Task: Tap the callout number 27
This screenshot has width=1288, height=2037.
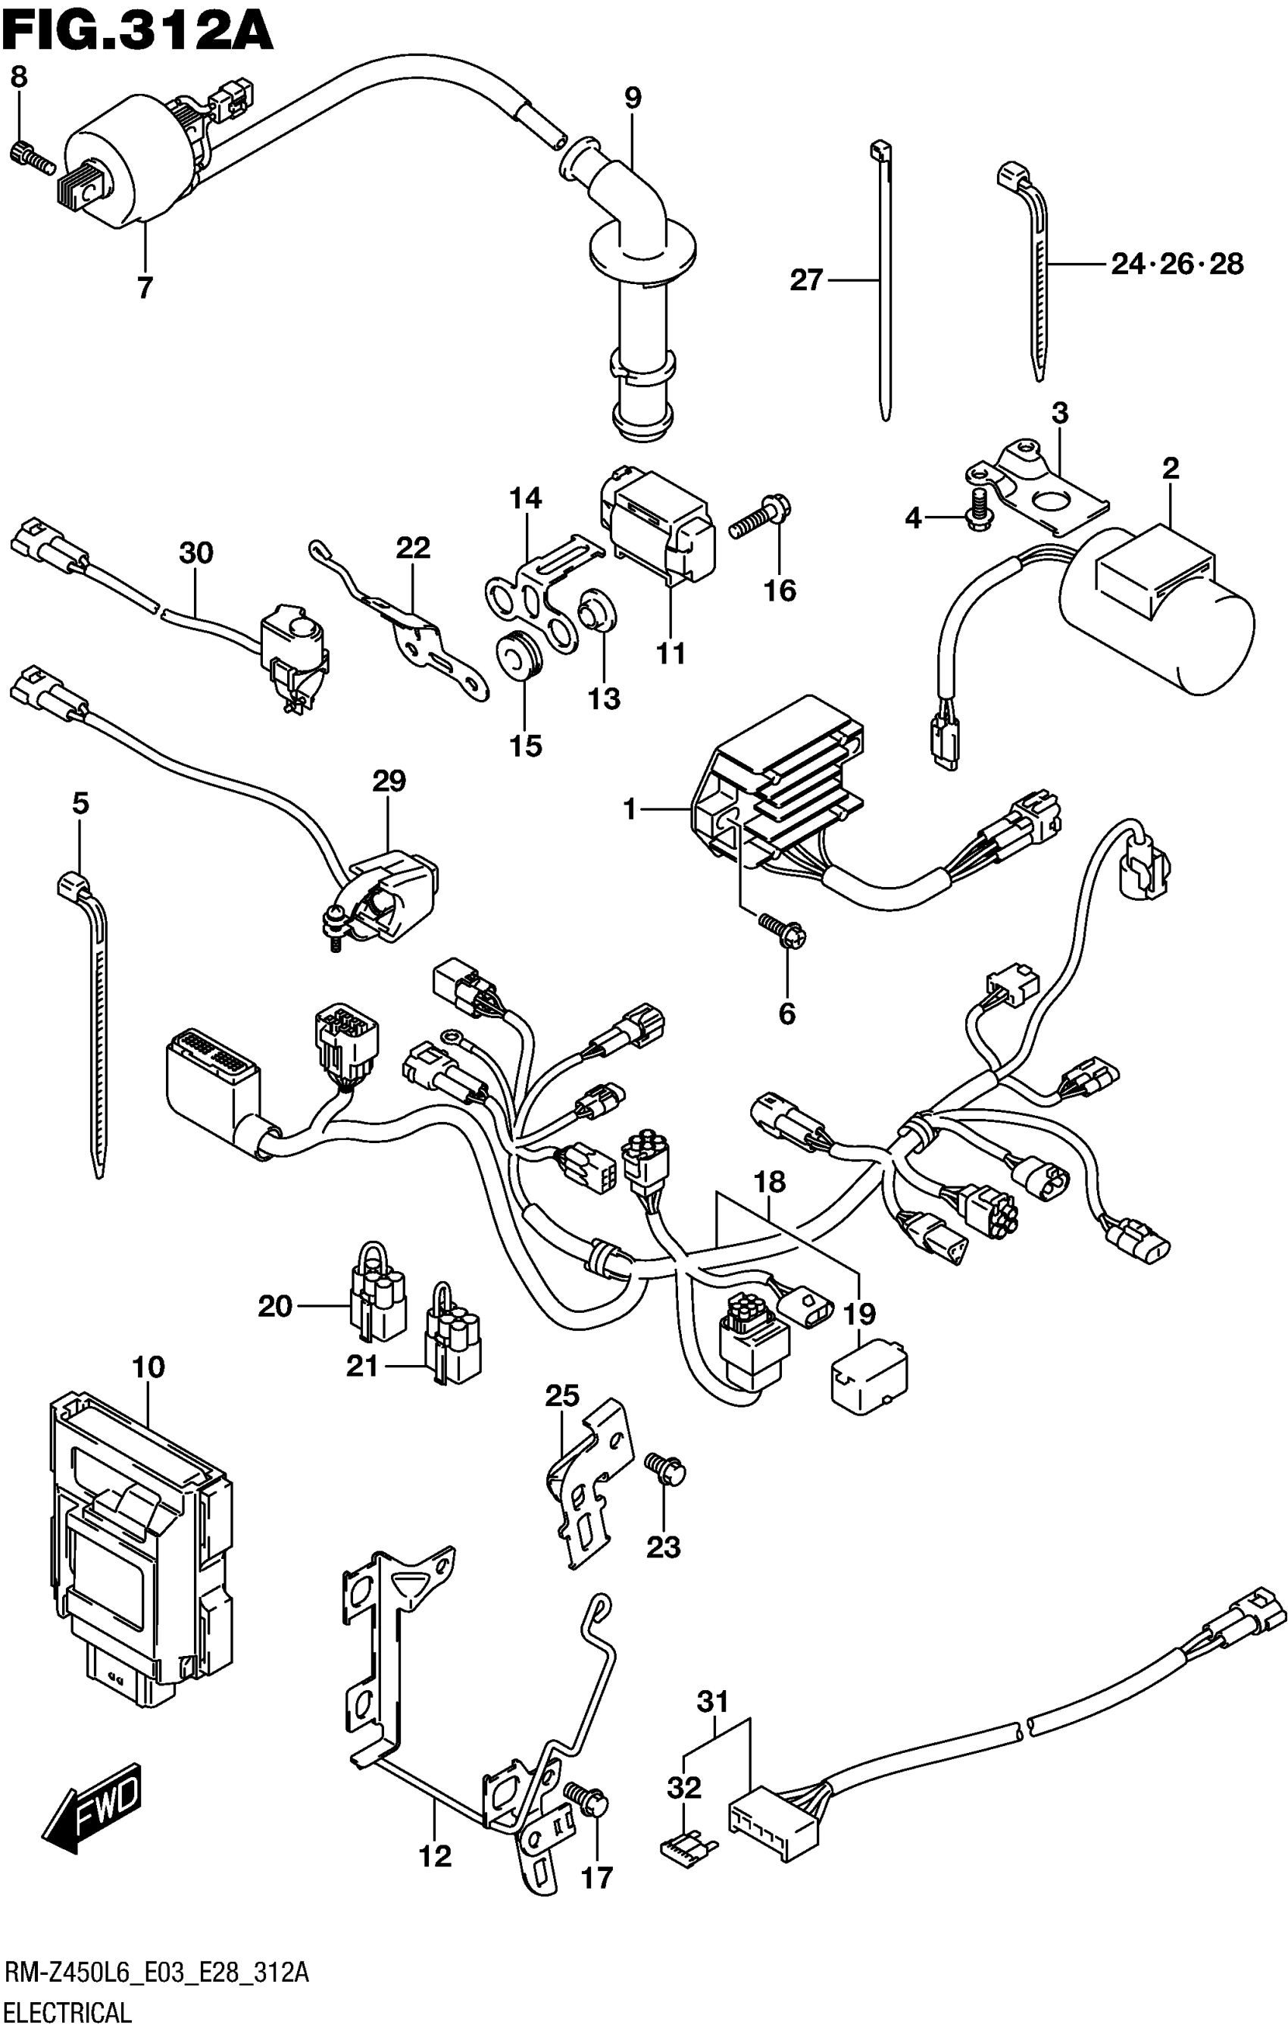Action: [805, 280]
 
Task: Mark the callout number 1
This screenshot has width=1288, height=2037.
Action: [629, 810]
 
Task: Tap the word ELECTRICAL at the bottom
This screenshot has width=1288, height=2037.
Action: [67, 2010]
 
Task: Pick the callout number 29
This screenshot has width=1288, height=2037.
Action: [389, 780]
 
